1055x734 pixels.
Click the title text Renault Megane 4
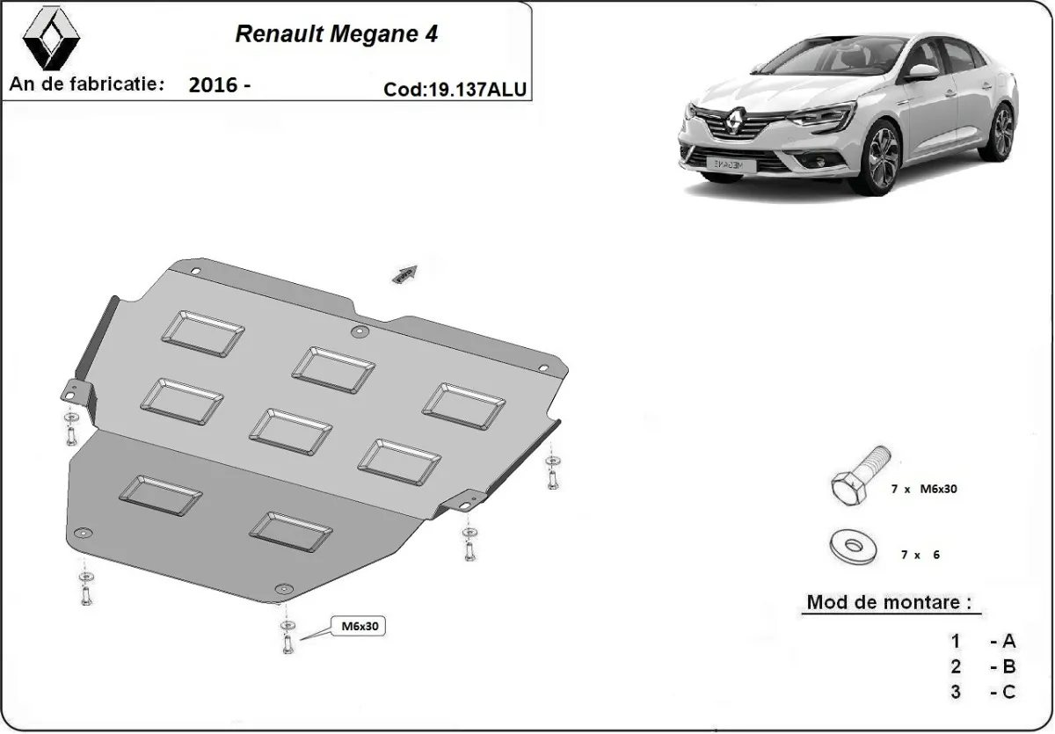(336, 34)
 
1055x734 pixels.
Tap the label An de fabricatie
(87, 84)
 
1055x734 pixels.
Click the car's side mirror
(923, 72)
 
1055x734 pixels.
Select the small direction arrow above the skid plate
(404, 274)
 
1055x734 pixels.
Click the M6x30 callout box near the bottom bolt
(358, 627)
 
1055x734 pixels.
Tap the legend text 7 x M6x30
(923, 489)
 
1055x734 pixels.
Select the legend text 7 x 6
(920, 555)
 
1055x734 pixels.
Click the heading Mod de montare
(889, 603)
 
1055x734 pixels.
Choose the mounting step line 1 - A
(982, 641)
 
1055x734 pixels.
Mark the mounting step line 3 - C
(982, 692)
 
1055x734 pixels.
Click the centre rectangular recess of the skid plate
(290, 431)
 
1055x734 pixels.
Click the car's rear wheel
(1000, 132)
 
